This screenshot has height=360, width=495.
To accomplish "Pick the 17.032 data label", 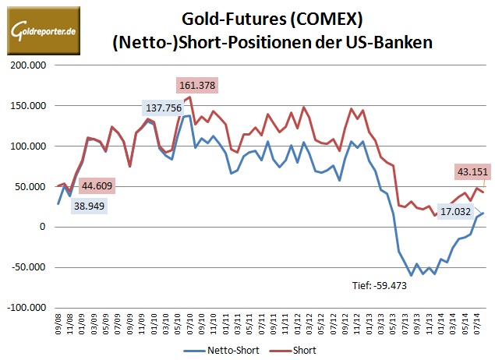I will point(457,211).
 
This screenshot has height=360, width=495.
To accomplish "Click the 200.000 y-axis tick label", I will point(29,65).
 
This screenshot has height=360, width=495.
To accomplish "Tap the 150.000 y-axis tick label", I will point(29,106).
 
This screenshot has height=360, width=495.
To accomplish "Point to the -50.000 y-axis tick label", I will point(29,267).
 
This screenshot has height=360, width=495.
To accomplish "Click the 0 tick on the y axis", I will point(44,227).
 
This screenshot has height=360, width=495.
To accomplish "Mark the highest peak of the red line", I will point(191,97).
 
